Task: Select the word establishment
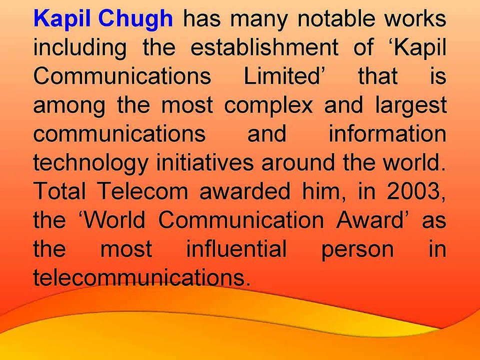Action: [264, 47]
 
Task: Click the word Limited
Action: [281, 75]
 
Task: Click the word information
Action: [387, 133]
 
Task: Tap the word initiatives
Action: [205, 162]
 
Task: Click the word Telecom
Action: [143, 190]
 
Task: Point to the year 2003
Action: [413, 190]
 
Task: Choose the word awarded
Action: [244, 190]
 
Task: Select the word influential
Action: [236, 248]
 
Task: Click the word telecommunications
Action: [139, 277]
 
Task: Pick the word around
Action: [297, 162]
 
